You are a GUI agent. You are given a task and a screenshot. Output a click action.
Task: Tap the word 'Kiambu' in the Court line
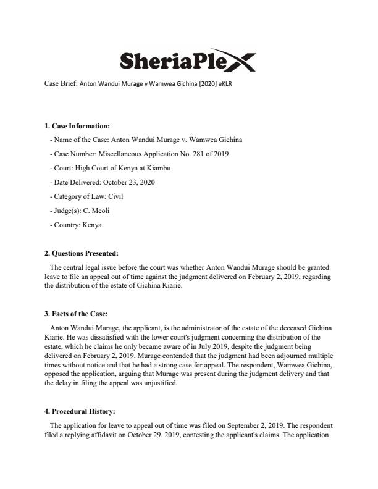coord(156,168)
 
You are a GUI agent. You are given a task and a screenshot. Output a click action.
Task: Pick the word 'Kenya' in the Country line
coord(93,225)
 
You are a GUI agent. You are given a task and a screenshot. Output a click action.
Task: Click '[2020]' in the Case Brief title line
coord(182,84)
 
